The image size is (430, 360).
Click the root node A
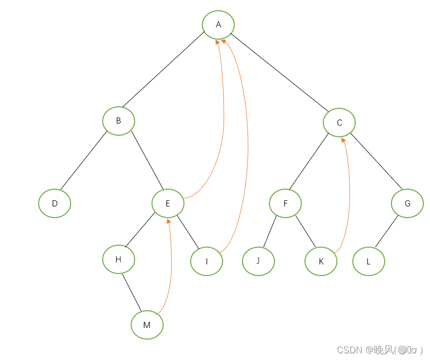click(x=218, y=25)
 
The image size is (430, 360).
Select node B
click(x=118, y=121)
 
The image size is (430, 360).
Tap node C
click(x=339, y=123)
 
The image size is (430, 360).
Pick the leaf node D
click(x=54, y=203)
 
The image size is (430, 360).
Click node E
click(x=168, y=203)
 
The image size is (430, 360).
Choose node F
click(x=285, y=203)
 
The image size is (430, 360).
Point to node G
click(x=407, y=203)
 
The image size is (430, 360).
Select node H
click(x=118, y=259)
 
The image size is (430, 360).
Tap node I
click(x=206, y=261)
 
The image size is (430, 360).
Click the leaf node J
click(x=258, y=261)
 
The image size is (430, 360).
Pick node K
click(x=321, y=261)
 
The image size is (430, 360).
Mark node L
click(x=368, y=261)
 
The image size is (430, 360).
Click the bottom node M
click(x=147, y=325)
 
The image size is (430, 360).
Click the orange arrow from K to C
click(x=350, y=193)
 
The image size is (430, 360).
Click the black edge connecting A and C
click(x=280, y=72)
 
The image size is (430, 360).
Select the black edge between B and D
click(x=83, y=162)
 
